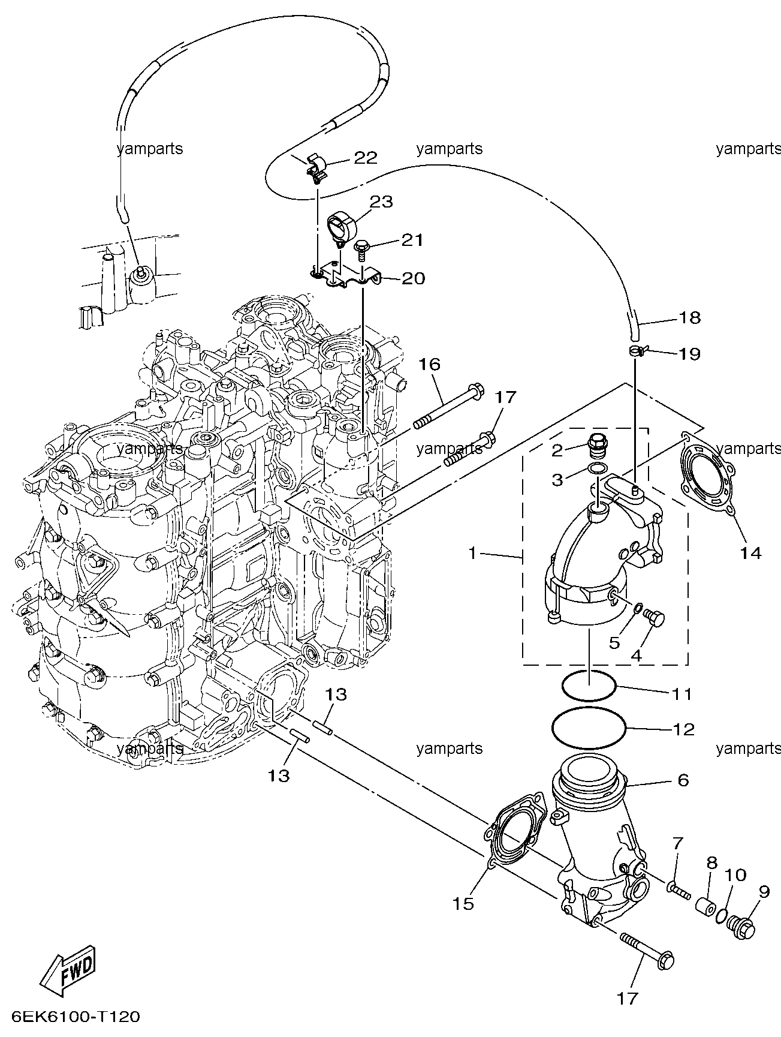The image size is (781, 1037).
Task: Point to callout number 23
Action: click(x=381, y=202)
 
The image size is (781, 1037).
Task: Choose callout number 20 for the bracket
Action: click(x=413, y=278)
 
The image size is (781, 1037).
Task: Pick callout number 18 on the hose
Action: click(x=690, y=318)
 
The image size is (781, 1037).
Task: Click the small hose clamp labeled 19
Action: click(x=638, y=352)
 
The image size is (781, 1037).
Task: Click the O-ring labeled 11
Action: click(x=589, y=699)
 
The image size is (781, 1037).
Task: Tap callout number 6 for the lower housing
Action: click(x=683, y=780)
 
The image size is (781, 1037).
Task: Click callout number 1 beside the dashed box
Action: click(x=473, y=553)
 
